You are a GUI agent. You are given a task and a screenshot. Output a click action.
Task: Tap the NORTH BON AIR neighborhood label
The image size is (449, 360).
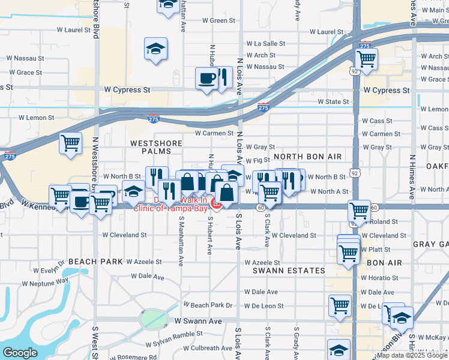pyautogui.click(x=307, y=157)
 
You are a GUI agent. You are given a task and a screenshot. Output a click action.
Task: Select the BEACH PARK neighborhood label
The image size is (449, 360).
pyautogui.click(x=95, y=262)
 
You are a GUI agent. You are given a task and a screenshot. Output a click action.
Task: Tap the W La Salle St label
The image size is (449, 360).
pyautogui.click(x=266, y=44)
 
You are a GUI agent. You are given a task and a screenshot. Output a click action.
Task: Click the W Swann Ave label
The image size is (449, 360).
pyautogui.click(x=198, y=322)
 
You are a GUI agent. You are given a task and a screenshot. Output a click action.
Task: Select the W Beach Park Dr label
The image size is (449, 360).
pyautogui.click(x=208, y=305)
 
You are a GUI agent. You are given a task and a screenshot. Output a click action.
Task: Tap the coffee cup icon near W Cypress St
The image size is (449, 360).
pyautogui.click(x=206, y=78)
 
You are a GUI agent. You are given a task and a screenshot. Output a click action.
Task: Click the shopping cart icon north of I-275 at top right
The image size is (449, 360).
pyautogui.click(x=366, y=59)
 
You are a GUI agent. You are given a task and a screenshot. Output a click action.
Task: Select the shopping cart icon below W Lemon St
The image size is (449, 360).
pyautogui.click(x=70, y=143)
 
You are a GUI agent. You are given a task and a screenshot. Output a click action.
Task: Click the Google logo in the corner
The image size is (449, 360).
pyautogui.click(x=20, y=353)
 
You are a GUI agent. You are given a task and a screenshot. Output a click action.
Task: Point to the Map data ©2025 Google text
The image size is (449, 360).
pyautogui.click(x=412, y=355)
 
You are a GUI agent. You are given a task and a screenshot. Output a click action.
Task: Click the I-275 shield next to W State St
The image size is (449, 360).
pyautogui.click(x=263, y=107)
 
